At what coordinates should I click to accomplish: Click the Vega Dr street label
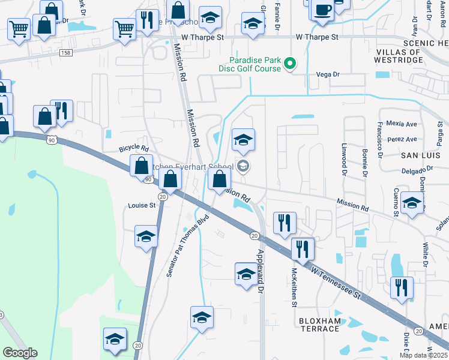tap(328, 74)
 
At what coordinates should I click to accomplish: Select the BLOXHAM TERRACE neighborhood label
tap(319, 325)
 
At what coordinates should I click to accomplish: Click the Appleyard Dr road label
tap(261, 271)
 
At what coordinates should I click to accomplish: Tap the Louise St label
tap(142, 205)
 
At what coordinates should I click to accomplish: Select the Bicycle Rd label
tap(133, 147)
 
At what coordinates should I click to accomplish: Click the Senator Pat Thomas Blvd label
tap(187, 244)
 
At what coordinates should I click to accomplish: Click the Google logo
tap(20, 353)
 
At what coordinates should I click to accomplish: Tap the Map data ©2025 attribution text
tap(423, 355)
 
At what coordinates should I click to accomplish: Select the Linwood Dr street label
tap(345, 156)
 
